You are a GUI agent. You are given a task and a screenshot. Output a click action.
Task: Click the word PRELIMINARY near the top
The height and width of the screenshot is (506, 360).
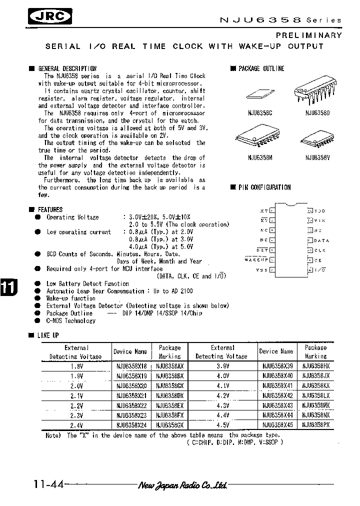309,35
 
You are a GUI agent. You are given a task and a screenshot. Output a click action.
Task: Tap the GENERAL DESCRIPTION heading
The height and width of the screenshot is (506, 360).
67,68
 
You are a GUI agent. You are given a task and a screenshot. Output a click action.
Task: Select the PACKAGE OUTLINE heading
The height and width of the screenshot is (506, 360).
261,68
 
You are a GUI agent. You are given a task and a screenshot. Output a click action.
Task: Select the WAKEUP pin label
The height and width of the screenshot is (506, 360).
256,259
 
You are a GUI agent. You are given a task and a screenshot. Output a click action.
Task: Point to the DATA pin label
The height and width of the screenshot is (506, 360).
322,240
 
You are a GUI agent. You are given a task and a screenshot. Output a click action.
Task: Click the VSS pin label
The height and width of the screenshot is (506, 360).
261,270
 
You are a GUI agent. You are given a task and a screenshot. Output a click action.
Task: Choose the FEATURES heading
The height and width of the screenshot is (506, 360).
50,209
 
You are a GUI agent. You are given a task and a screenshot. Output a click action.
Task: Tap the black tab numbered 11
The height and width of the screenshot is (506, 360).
8,288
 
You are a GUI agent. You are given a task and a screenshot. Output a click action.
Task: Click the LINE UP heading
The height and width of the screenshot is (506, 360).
48,335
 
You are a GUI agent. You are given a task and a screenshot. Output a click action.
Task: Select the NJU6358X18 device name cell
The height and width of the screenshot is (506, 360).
131,366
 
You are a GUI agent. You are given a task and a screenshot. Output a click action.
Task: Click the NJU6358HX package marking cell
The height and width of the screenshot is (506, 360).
316,366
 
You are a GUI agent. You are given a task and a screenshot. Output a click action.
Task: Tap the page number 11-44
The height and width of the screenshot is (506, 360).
48,484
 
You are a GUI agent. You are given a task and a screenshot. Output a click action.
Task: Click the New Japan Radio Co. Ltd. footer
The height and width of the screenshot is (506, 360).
182,485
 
